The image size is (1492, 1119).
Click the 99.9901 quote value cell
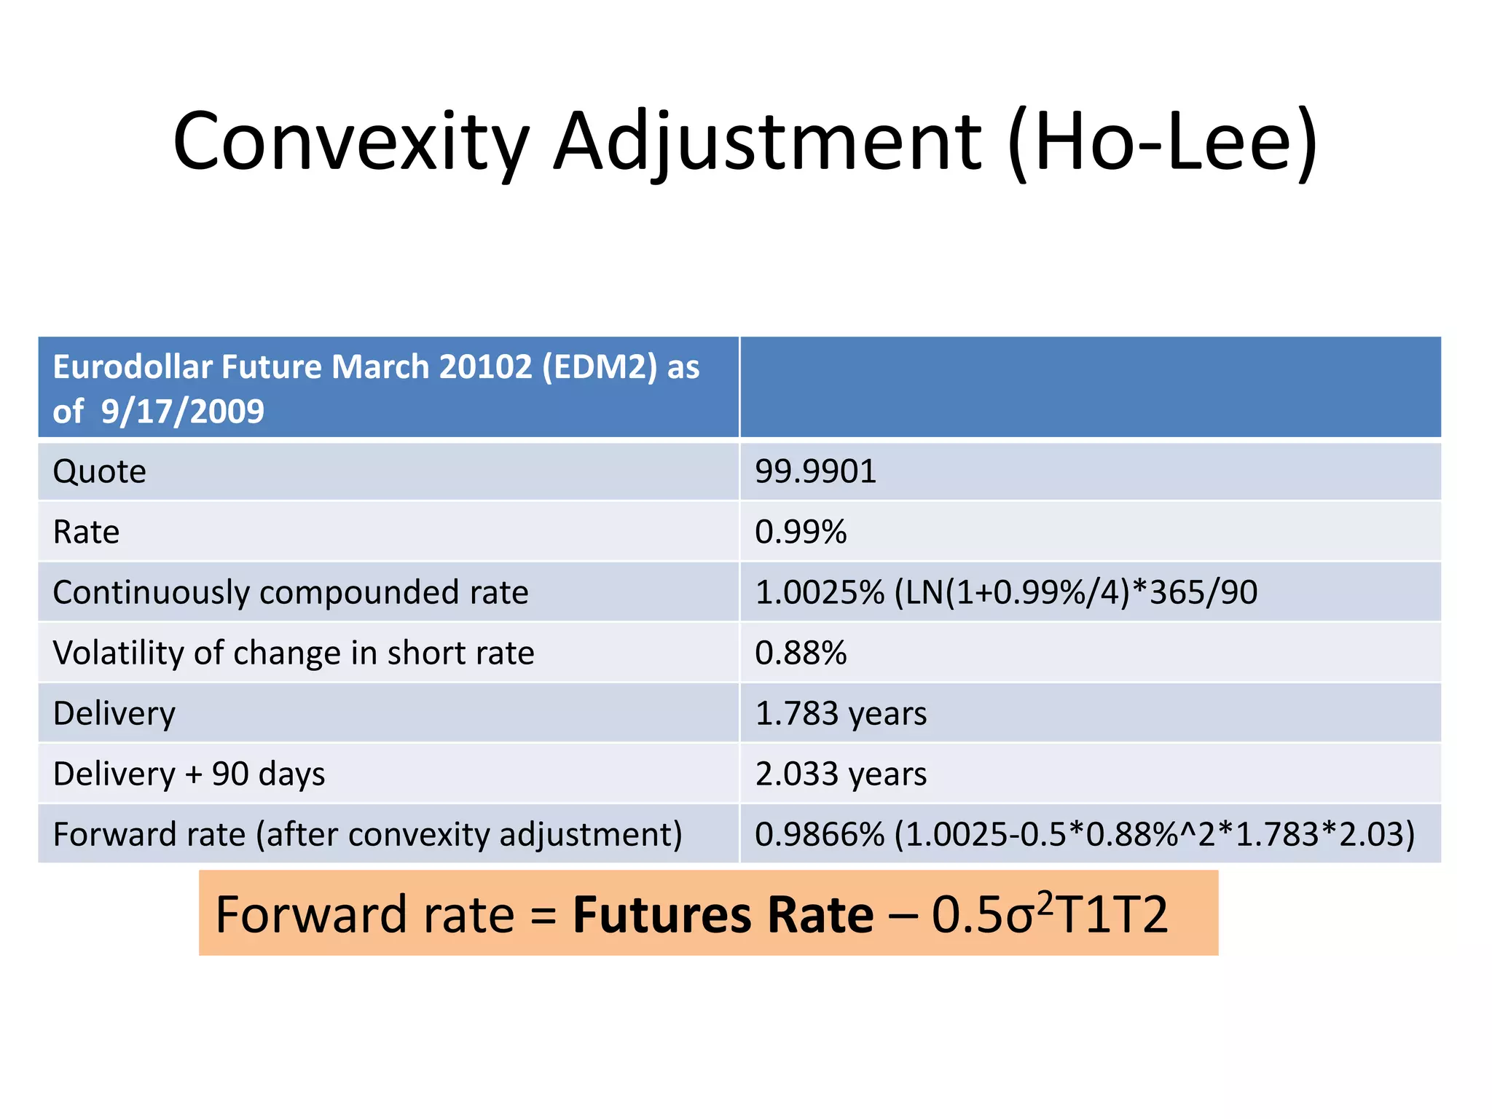[x=815, y=471]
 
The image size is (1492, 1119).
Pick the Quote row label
[x=100, y=471]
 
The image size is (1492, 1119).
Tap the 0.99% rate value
[x=801, y=532]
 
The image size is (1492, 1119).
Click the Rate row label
[x=86, y=532]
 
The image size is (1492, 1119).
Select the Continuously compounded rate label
[x=290, y=592]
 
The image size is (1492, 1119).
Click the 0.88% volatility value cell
[x=801, y=653]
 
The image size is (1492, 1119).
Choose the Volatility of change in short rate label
[x=294, y=653]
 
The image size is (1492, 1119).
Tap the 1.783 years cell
[x=841, y=713]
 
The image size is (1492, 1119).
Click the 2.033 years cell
[x=841, y=774]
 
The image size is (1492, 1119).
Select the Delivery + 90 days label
[x=189, y=774]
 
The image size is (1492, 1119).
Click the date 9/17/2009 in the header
[x=182, y=412]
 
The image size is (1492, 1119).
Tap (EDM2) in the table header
[x=600, y=366]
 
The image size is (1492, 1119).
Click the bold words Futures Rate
[x=723, y=915]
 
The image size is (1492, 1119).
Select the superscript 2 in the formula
[x=1045, y=902]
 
